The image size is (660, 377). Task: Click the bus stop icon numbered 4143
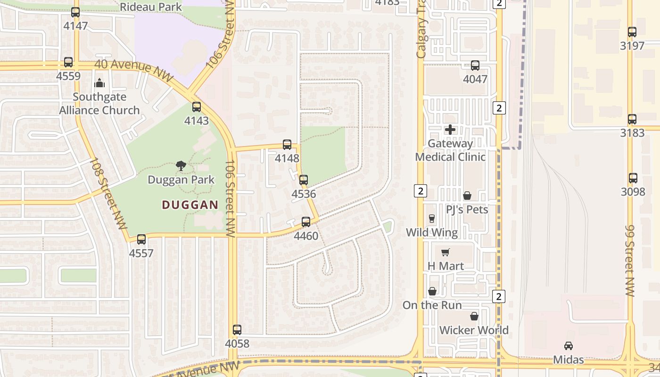pyautogui.click(x=197, y=107)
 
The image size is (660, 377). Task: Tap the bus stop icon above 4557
pyautogui.click(x=141, y=239)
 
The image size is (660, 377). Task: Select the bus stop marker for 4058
pyautogui.click(x=237, y=330)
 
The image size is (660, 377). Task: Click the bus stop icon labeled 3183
pyautogui.click(x=632, y=119)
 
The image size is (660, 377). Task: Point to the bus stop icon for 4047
pyautogui.click(x=475, y=66)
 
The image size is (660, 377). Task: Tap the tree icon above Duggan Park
pyautogui.click(x=181, y=165)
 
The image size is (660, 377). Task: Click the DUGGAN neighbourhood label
pyautogui.click(x=190, y=205)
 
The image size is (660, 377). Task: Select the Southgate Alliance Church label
pyautogui.click(x=99, y=104)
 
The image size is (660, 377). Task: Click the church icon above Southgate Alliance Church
pyautogui.click(x=99, y=83)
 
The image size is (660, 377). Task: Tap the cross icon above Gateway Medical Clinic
pyautogui.click(x=450, y=129)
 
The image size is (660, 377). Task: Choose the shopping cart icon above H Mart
pyautogui.click(x=445, y=252)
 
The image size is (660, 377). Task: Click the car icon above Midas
pyautogui.click(x=569, y=346)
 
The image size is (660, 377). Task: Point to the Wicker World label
pyautogui.click(x=474, y=330)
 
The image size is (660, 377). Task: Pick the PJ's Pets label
pyautogui.click(x=467, y=209)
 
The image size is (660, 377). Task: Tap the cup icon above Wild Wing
pyautogui.click(x=432, y=218)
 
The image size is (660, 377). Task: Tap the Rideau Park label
pyautogui.click(x=151, y=7)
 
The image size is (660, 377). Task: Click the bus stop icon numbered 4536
pyautogui.click(x=304, y=180)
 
